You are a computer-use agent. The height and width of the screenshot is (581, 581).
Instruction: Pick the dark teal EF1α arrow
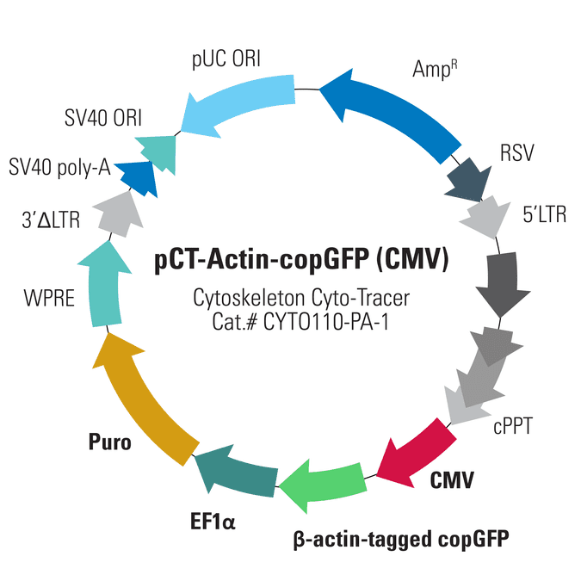(238, 473)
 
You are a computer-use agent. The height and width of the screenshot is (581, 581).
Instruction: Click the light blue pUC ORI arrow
(238, 102)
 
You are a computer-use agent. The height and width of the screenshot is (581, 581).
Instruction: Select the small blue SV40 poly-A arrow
(137, 178)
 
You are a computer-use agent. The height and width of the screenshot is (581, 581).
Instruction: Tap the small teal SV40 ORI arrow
(158, 151)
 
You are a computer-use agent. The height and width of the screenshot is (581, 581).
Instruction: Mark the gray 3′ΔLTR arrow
(119, 215)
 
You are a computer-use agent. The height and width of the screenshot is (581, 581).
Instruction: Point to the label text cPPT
(512, 426)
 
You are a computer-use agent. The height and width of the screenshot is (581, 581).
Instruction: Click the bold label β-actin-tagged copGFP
(401, 540)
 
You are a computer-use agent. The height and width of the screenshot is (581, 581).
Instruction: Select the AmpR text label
(435, 69)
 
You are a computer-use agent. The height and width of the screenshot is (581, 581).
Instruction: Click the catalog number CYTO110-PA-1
(326, 322)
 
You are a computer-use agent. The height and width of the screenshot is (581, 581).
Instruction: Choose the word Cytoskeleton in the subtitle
(249, 299)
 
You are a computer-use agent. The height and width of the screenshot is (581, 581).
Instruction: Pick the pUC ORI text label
(226, 59)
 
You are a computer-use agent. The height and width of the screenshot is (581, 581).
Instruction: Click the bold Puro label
(109, 442)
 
